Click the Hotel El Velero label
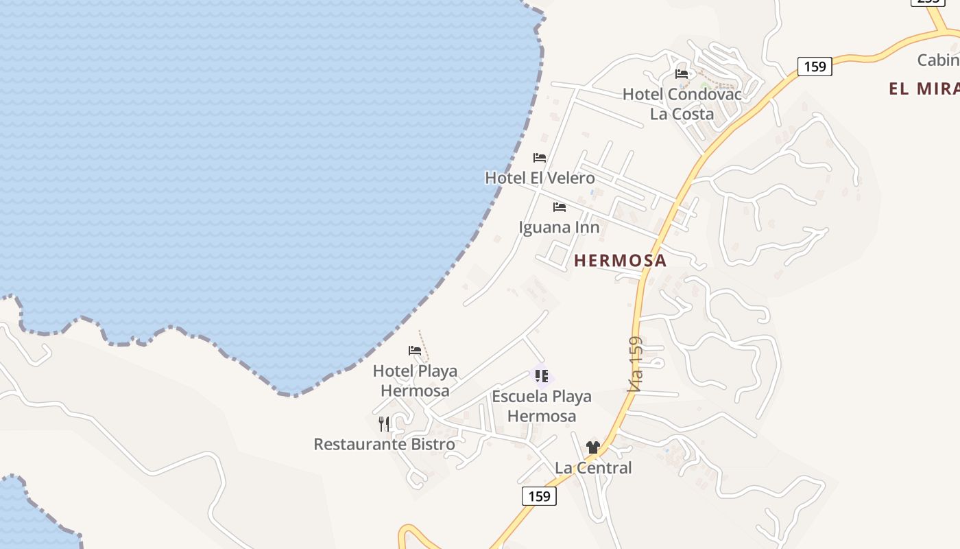point(540,178)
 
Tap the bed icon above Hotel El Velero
point(540,158)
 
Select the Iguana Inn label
point(559,227)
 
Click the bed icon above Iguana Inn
point(560,207)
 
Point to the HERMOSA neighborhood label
point(620,261)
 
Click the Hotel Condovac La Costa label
point(682,104)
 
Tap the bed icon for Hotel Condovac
point(682,74)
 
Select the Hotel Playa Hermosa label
point(415,381)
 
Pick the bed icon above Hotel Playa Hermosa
point(415,351)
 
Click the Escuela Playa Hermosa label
point(541,406)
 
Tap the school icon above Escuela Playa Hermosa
point(542,376)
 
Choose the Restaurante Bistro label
point(384,445)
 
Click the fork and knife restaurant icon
point(384,424)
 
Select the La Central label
point(593,468)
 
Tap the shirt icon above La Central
point(593,447)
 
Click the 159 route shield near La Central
point(539,496)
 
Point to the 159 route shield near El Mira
point(815,67)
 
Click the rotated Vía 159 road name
point(636,364)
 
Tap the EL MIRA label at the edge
point(924,89)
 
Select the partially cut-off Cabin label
point(938,60)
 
